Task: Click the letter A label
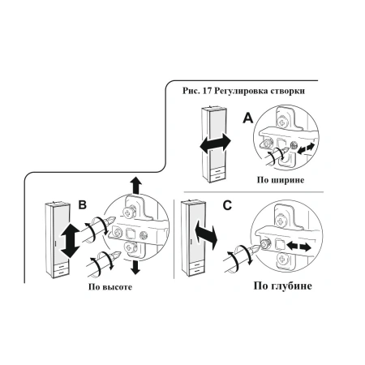pyautogui.click(x=248, y=118)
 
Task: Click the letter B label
pyautogui.click(x=83, y=204)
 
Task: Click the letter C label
pyautogui.click(x=227, y=205)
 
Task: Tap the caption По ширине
pyautogui.click(x=281, y=180)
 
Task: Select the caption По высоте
pyautogui.click(x=110, y=286)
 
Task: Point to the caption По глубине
pyautogui.click(x=282, y=286)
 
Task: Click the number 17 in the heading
pyautogui.click(x=206, y=91)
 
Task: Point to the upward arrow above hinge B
pyautogui.click(x=135, y=186)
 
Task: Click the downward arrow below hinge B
pyautogui.click(x=135, y=268)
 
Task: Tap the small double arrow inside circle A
pyautogui.click(x=306, y=148)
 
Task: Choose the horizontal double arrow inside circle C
pyautogui.click(x=298, y=247)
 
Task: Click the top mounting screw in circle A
pyautogui.click(x=283, y=123)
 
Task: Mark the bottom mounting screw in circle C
pyautogui.click(x=282, y=260)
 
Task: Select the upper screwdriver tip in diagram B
pyautogui.click(x=112, y=219)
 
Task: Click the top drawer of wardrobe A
pyautogui.click(x=217, y=171)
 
